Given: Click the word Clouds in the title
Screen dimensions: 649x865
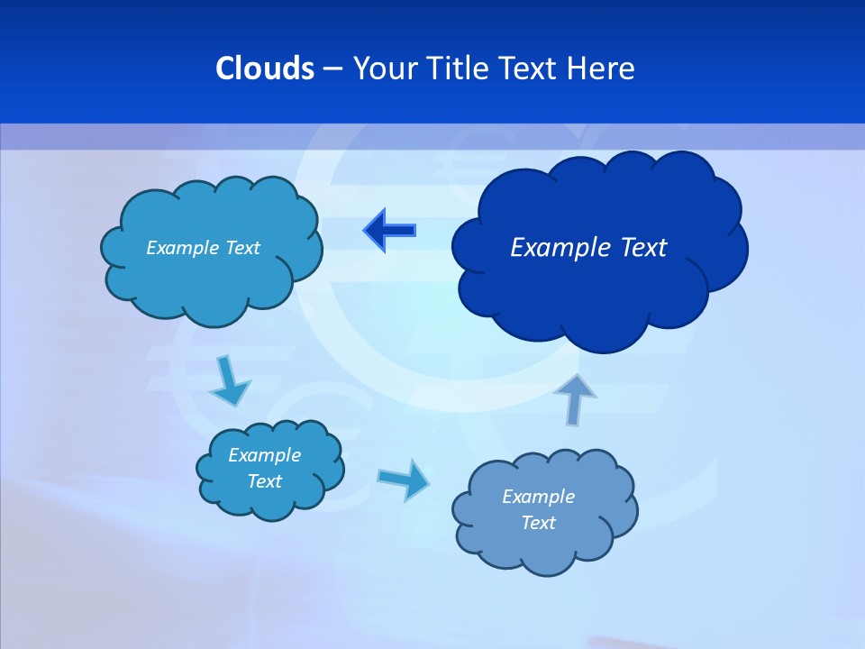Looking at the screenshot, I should point(264,69).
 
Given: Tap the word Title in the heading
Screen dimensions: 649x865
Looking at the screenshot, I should point(460,69).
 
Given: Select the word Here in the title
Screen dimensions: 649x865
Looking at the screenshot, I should point(601,69).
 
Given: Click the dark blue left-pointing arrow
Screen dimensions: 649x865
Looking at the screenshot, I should point(389,231).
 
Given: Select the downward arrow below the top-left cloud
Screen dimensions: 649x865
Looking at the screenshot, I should point(230,382).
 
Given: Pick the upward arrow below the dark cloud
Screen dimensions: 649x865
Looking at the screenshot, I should point(576,399).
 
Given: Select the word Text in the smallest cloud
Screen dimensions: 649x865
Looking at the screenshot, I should point(265,481).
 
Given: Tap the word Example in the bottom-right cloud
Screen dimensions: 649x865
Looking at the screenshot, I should point(538,497).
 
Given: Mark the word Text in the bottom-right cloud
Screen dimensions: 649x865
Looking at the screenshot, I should point(538,523).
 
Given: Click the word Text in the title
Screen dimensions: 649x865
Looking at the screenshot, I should point(530,69).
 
